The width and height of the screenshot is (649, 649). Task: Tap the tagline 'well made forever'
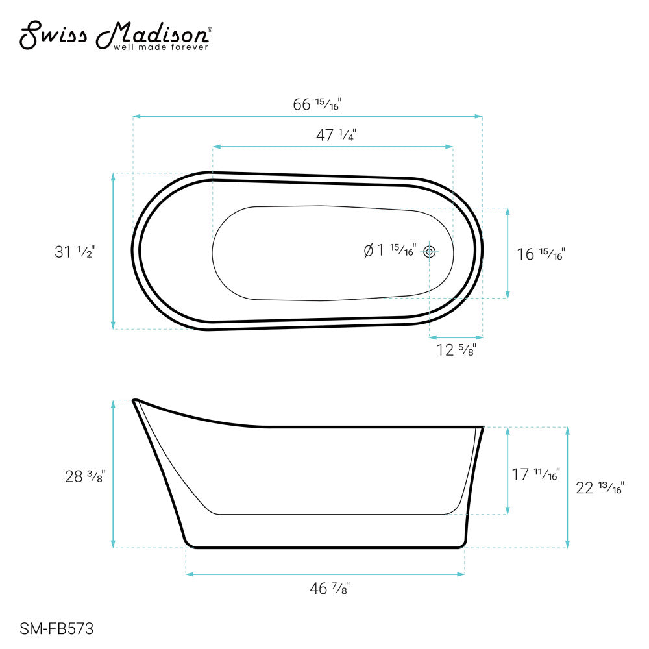coord(161,47)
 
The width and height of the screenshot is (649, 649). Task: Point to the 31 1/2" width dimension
coord(75,252)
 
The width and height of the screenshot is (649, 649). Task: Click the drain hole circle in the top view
coord(429,252)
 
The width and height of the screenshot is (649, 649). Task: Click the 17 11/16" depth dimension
coord(535,474)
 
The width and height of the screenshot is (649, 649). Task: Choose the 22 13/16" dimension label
coord(600,487)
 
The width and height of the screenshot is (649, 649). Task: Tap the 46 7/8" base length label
coord(330,589)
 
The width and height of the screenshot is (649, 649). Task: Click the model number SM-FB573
coord(57,628)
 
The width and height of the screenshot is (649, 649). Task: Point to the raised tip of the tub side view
coord(135,401)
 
